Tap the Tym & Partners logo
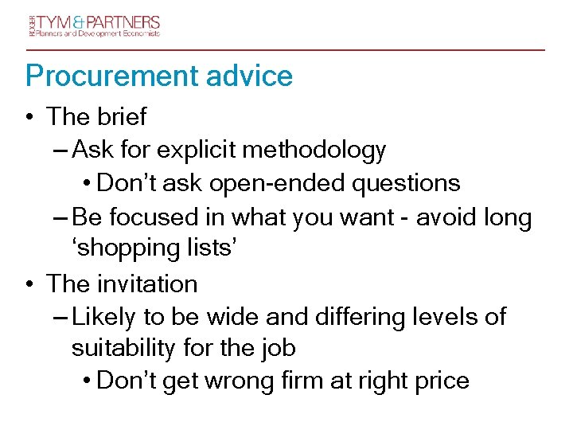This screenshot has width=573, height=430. [92, 25]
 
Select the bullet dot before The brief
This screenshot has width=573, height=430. [29, 118]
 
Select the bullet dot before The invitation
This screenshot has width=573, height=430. [29, 284]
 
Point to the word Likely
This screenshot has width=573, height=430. [104, 317]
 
